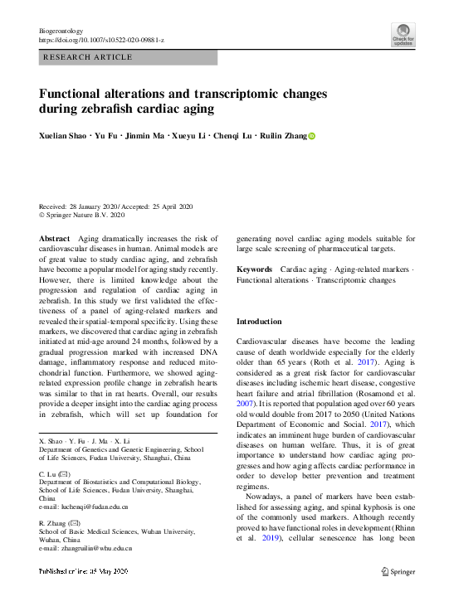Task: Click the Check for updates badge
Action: click(403, 36)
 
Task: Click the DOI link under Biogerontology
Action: click(102, 40)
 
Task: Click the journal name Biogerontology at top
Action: click(63, 30)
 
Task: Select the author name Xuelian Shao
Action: click(62, 136)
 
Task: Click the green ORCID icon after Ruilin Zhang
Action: click(312, 136)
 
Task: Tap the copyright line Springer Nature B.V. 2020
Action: click(85, 216)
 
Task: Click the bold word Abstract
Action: click(55, 238)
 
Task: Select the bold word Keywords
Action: click(254, 269)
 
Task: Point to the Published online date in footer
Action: click(86, 571)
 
